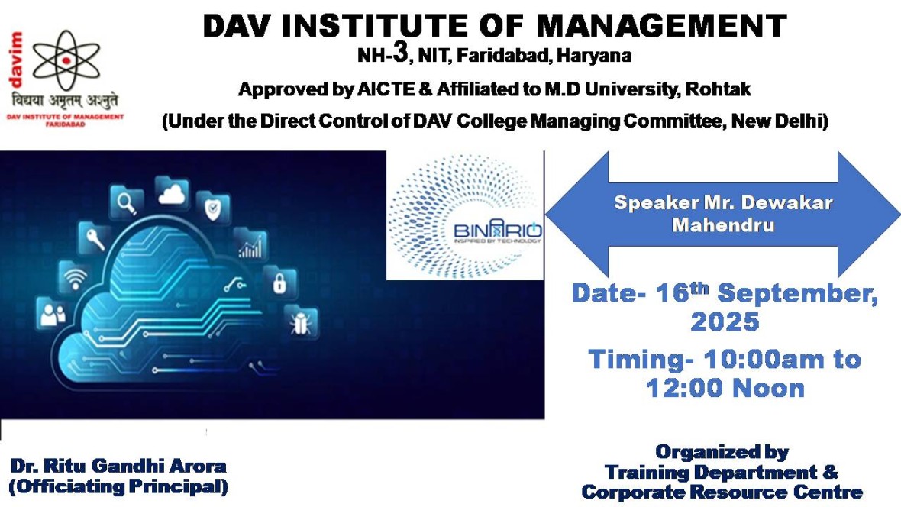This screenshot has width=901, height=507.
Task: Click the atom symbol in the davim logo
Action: coord(66,60)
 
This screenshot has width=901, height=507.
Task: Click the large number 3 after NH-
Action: coord(400,52)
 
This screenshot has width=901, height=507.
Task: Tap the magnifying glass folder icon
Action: coord(127,202)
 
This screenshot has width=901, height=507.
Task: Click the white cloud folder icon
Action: coord(171,193)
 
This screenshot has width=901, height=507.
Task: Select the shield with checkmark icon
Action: coord(212,208)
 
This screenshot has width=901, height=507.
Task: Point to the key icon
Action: coord(95,238)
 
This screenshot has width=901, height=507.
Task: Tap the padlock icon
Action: coord(279,283)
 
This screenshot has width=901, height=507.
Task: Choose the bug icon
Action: coord(301,322)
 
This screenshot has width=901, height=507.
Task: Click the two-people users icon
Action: coord(52,314)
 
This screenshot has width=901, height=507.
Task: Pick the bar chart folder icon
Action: coord(250,245)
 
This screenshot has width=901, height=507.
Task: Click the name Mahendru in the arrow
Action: coord(723,224)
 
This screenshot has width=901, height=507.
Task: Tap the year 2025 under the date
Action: coord(725,322)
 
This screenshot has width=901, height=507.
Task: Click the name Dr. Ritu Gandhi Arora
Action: coord(118,466)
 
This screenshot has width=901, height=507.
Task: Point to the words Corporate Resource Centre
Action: coord(722,492)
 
